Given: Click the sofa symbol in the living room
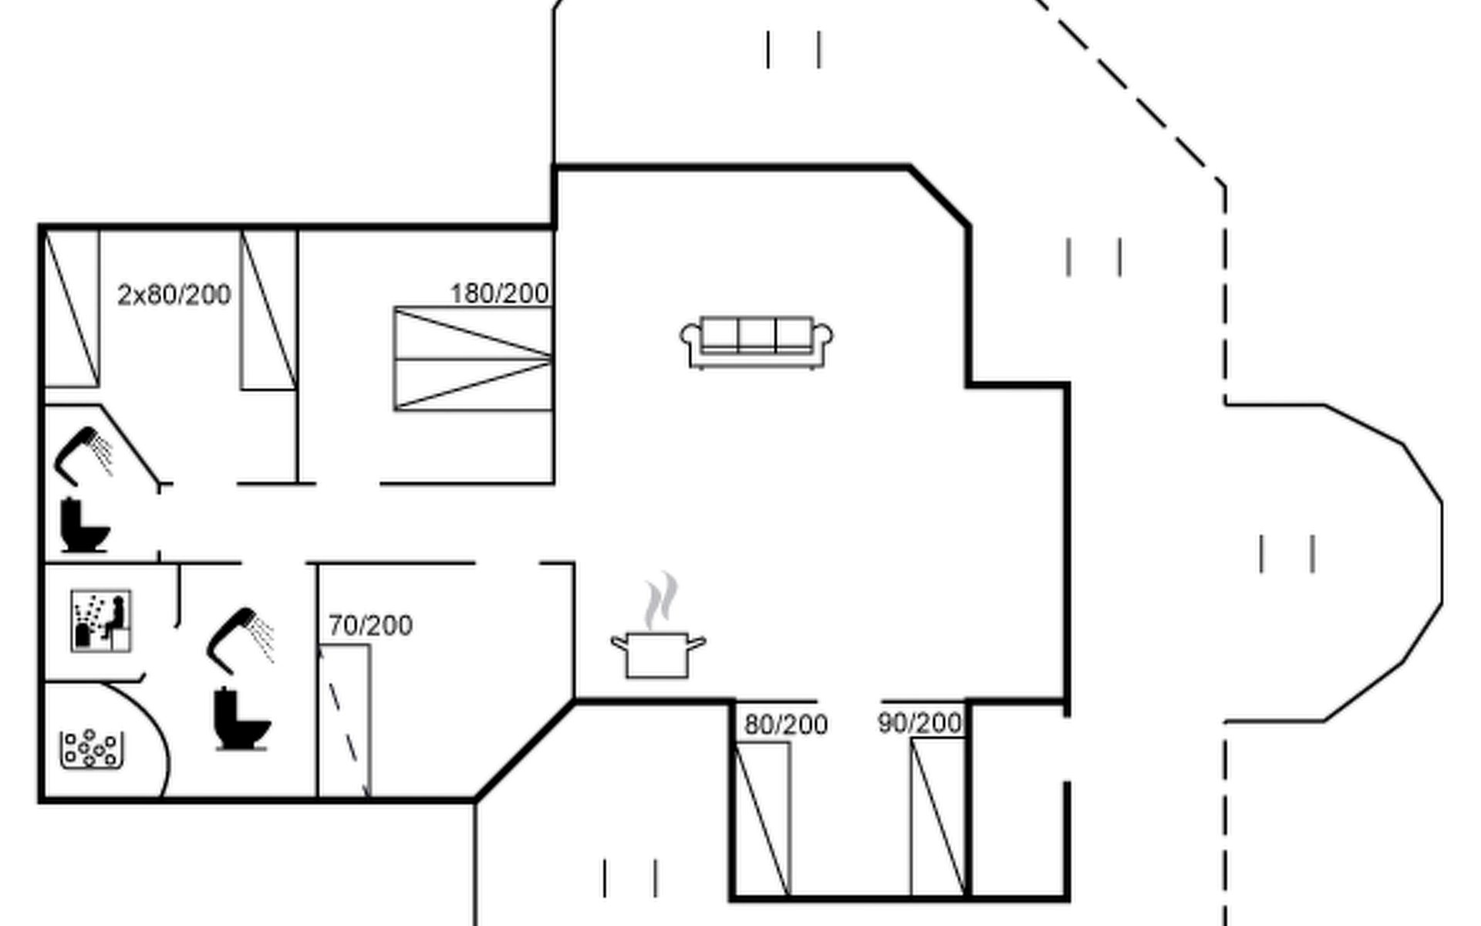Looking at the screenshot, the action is (756, 342).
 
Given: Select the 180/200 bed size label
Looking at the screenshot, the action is (500, 294).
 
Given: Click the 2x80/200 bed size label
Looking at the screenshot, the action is (174, 295).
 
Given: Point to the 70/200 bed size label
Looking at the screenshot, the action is (370, 625).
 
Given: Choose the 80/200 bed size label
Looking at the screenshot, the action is (786, 725).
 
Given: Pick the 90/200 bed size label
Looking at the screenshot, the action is (919, 723).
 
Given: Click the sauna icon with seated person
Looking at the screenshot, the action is (101, 621).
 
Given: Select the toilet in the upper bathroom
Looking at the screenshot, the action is (83, 526).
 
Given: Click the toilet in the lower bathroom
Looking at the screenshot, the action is (241, 719).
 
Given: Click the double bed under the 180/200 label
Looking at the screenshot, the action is (474, 359).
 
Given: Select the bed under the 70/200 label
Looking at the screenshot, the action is (345, 721).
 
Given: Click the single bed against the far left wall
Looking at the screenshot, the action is (72, 309).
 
